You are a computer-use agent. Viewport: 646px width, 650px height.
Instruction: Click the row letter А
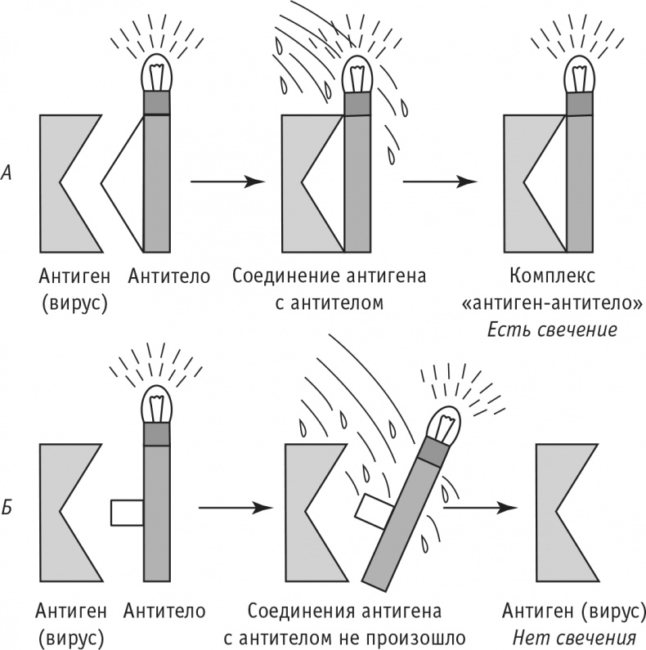[8, 173]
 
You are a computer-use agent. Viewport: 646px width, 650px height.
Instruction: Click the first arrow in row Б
[236, 508]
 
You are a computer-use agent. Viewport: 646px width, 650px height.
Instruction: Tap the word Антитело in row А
[169, 276]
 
